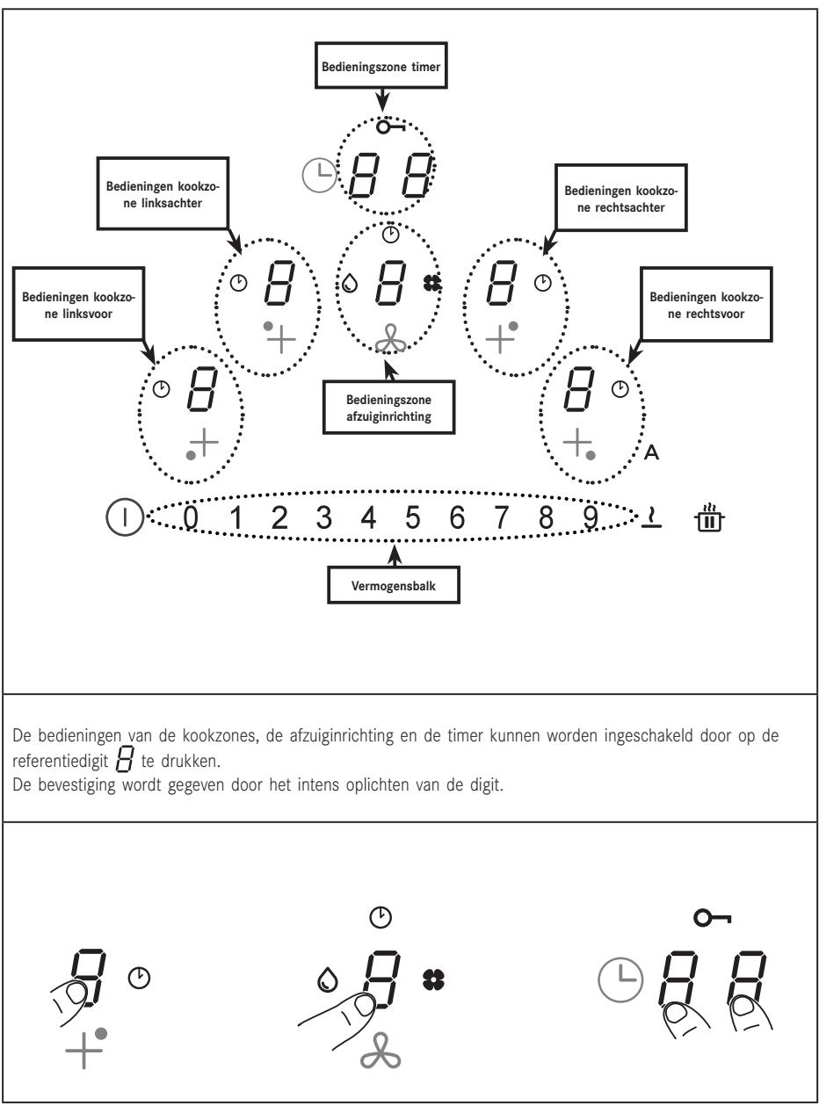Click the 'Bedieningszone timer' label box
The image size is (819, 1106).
381,65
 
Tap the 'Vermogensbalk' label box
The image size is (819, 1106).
393,585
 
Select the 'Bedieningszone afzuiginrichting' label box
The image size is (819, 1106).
388,408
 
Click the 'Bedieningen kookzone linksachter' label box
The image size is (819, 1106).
163,194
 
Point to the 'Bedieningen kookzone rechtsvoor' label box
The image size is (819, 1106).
707,305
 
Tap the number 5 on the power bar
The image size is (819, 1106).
412,517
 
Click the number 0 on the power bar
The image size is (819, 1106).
191,517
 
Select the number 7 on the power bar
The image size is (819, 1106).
501,517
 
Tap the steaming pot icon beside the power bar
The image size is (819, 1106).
709,517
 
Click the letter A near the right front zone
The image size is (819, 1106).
651,452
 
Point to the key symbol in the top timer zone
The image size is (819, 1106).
390,127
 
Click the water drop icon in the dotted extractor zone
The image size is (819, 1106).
350,283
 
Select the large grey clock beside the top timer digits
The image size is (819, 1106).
320,175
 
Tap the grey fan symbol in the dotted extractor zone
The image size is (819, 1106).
390,339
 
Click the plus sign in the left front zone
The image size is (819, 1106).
204,442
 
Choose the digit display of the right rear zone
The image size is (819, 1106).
501,282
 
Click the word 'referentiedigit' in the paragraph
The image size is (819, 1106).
60,762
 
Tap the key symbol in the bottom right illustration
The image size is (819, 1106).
713,918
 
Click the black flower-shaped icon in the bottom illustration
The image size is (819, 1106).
433,979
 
